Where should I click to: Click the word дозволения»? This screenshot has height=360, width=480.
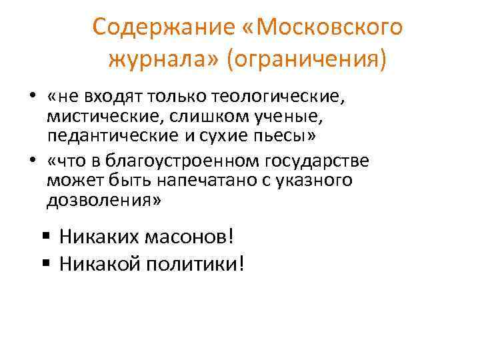104,200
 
